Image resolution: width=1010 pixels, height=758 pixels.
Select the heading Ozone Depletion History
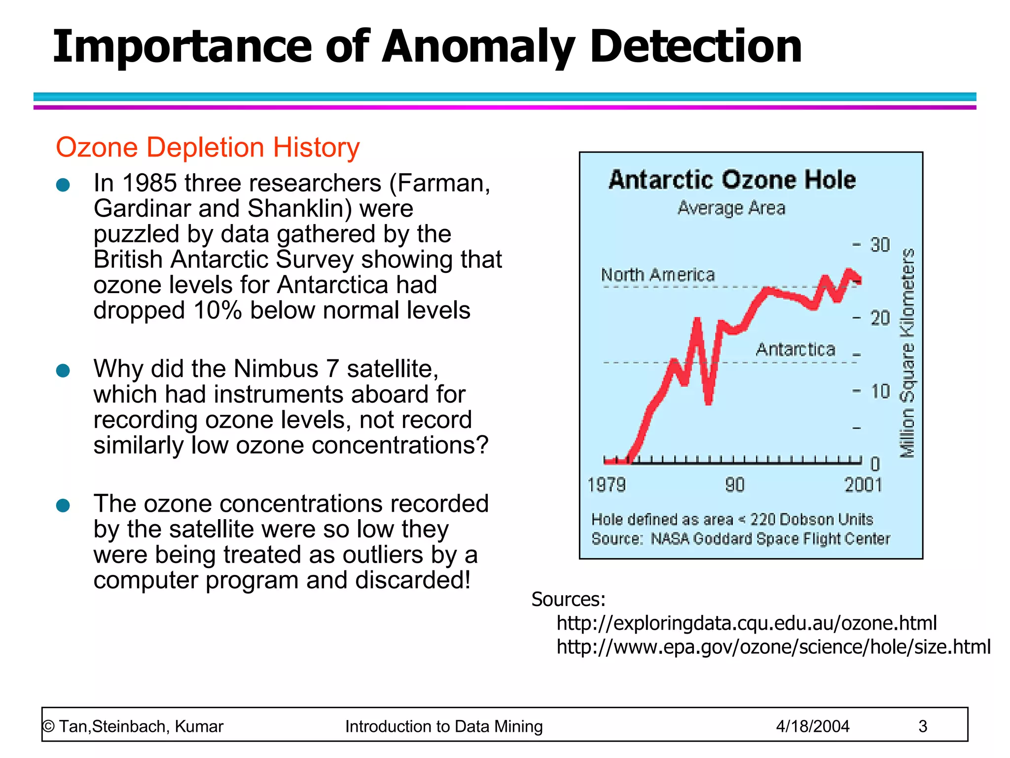[208, 147]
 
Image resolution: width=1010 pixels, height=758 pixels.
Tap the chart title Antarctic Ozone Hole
[732, 179]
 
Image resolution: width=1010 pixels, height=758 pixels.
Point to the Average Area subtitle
[731, 208]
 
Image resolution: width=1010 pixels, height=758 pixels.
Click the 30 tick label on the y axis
[880, 245]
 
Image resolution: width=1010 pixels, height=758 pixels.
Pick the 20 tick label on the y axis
[880, 318]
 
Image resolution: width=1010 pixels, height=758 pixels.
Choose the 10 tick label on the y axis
[880, 391]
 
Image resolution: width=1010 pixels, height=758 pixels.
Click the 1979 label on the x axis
[607, 485]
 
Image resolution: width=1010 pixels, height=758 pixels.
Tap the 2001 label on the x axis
[863, 485]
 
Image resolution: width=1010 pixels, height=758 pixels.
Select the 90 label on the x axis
[735, 485]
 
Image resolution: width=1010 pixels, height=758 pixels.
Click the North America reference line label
[658, 275]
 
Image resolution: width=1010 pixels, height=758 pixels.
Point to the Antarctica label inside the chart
[795, 349]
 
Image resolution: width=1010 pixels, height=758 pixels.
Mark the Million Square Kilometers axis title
[907, 353]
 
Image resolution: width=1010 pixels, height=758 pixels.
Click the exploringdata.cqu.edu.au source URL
[747, 623]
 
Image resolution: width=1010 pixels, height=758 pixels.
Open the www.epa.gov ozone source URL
[773, 646]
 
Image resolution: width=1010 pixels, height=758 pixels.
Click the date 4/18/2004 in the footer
[813, 726]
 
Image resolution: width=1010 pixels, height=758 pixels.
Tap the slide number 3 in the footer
[923, 726]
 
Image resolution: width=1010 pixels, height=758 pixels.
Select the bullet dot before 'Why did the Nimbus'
[63, 370]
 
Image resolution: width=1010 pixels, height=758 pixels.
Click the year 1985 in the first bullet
[149, 183]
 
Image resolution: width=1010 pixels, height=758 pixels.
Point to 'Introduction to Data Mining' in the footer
[444, 726]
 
